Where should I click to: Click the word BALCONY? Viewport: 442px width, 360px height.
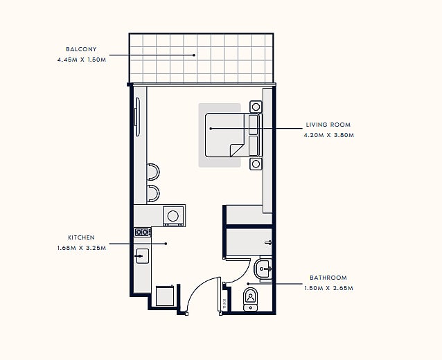(x=81, y=49)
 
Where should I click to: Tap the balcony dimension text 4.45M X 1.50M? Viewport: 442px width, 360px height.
(x=82, y=60)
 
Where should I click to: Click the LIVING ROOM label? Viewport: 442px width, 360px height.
(x=328, y=125)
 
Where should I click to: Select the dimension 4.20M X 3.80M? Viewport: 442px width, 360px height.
(x=328, y=135)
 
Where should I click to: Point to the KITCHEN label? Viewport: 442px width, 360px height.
(x=82, y=237)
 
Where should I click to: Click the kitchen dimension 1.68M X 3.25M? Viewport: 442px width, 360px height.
(x=82, y=248)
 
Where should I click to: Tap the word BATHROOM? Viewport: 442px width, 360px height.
(x=328, y=278)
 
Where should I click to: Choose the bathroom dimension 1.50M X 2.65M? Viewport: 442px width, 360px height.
(x=328, y=288)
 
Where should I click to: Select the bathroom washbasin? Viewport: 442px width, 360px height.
(x=263, y=269)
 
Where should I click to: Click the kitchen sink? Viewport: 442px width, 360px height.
(x=142, y=256)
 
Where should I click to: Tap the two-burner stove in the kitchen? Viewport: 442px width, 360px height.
(x=142, y=233)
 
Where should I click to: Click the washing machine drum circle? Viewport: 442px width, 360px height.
(x=173, y=216)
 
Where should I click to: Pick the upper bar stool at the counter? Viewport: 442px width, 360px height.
(x=153, y=172)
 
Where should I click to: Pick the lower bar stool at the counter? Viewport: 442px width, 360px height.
(x=153, y=194)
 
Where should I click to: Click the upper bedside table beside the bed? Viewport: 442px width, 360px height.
(x=256, y=107)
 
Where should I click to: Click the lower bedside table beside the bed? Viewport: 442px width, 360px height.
(x=256, y=163)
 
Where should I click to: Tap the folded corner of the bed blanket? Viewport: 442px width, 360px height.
(x=237, y=150)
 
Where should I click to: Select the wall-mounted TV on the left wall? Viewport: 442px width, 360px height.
(x=137, y=117)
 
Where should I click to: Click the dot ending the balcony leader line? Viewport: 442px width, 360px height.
(x=194, y=55)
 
